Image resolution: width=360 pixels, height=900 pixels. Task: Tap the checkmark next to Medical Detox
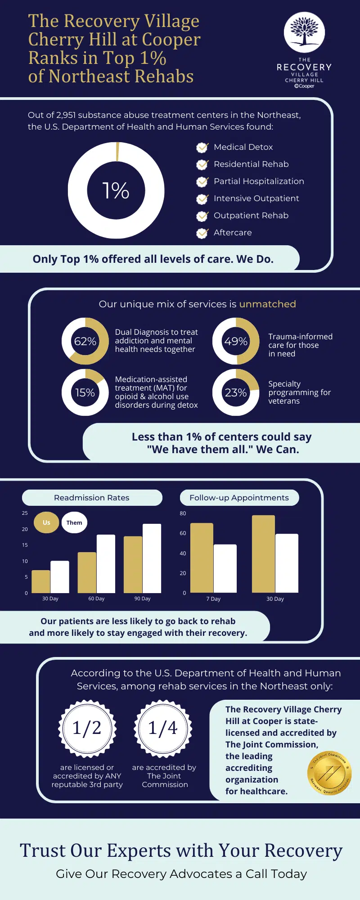[202, 147]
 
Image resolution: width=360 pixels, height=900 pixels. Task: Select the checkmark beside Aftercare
[202, 233]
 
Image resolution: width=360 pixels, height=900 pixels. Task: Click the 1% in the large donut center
[116, 190]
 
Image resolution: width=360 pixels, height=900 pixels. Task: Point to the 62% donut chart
[85, 341]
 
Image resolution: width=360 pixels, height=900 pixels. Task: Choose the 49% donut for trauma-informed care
[236, 341]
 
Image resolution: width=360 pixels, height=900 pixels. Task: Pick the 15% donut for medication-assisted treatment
[85, 392]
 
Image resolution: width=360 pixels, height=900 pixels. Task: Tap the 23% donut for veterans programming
[236, 392]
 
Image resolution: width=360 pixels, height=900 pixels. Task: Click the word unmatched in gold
[267, 304]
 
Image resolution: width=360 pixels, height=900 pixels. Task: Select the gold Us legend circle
[46, 522]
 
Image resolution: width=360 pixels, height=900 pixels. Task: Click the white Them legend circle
[74, 522]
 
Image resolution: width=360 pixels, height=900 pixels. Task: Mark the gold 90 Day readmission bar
[133, 564]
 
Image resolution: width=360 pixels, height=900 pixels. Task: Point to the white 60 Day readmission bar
[106, 564]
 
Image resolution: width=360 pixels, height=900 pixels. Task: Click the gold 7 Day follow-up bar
[202, 558]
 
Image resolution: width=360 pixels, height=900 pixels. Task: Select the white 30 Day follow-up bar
[287, 563]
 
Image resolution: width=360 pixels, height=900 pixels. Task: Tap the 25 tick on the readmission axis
[25, 513]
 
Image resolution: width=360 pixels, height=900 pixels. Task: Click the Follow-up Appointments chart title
[239, 498]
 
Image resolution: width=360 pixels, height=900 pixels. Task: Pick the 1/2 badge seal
[87, 728]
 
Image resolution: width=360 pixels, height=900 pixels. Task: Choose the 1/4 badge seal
[163, 728]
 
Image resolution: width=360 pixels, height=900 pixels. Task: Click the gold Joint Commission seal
[329, 773]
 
